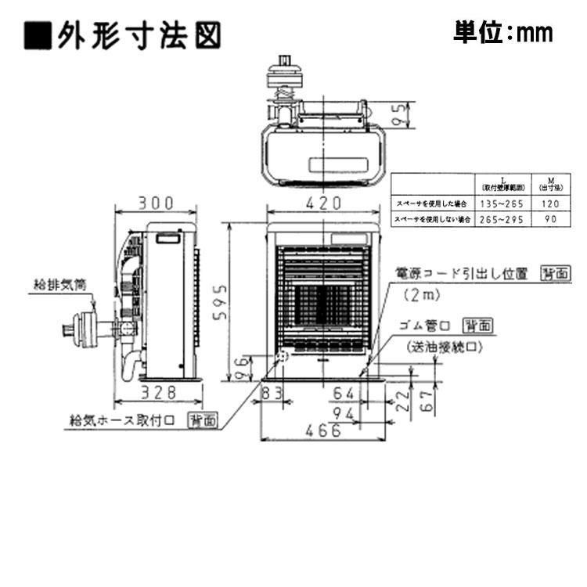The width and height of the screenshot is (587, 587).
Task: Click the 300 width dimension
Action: [x=156, y=203]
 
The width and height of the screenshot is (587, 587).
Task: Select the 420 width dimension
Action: [x=323, y=203]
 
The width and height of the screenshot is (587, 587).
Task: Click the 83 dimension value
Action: [x=272, y=392]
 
